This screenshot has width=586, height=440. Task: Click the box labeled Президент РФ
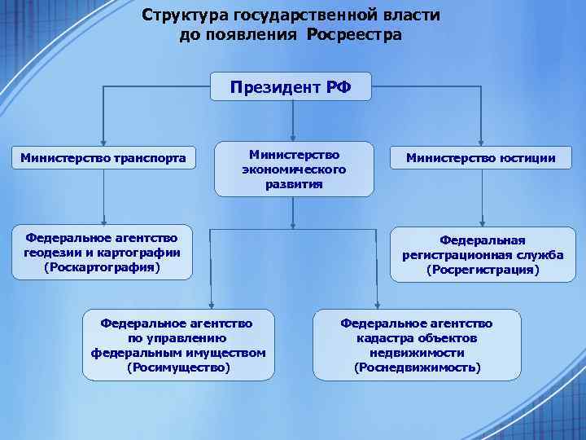coord(291,86)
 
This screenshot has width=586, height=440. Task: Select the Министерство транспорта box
coord(103,157)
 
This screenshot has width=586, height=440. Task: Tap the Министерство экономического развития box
coord(294,169)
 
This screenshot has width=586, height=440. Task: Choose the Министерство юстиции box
coord(482,157)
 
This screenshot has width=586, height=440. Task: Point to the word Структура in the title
coord(183,15)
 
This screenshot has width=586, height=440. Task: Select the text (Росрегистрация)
coord(483,269)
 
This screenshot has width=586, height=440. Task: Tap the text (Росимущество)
coord(178,367)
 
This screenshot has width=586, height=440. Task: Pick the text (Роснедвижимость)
coord(417,367)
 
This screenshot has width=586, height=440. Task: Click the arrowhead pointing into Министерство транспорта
coord(103,140)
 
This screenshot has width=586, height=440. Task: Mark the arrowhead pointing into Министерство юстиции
coord(482,140)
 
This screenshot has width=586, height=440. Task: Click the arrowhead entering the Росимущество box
coord(211,304)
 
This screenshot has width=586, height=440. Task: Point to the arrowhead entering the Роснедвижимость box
coord(377,304)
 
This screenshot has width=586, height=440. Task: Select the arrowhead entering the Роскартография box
coord(103,220)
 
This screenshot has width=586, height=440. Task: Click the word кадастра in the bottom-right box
coord(382,338)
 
